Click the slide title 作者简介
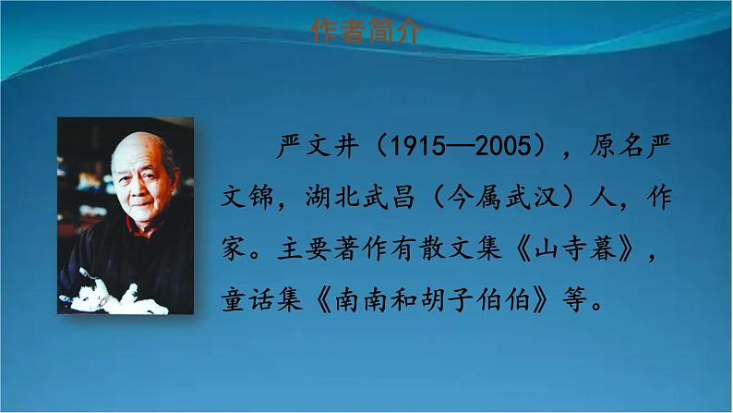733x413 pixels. [x=366, y=30]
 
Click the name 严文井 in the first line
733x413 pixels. [x=318, y=145]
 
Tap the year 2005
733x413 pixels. [x=503, y=146]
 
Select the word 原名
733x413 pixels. [x=616, y=145]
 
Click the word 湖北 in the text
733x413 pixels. [x=332, y=197]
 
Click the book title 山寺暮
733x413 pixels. [x=576, y=248]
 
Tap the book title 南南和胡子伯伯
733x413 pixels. [x=432, y=299]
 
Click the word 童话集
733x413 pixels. [x=262, y=299]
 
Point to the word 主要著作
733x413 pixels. [x=332, y=248]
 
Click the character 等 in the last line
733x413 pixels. [x=574, y=299]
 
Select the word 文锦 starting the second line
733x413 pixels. [x=247, y=197]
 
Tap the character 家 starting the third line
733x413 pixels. [x=234, y=248]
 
